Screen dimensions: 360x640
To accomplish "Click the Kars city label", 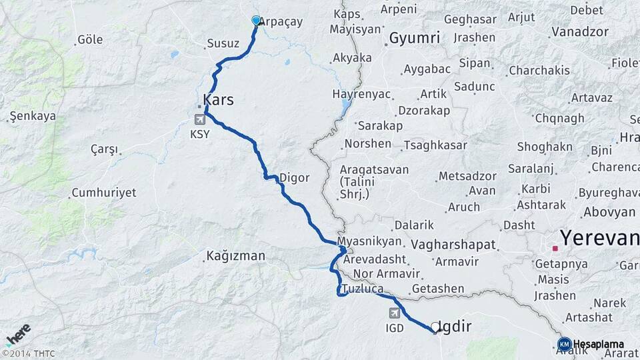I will tap(218, 100).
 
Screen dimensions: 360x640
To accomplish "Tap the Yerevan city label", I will tap(599, 237).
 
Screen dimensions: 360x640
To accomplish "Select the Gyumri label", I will tap(415, 38).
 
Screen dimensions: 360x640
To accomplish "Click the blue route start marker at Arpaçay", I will tap(256, 21).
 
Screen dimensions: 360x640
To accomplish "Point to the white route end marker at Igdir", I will tap(435, 327).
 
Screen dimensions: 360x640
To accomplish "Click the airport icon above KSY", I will tap(199, 119).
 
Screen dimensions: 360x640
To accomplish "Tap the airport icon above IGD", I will tap(395, 313).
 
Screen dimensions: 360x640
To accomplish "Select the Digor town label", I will tap(294, 178).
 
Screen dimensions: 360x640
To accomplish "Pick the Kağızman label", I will tap(235, 255).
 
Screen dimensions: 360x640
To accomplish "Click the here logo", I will tap(17, 334).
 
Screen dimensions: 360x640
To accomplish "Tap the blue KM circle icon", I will tap(564, 344).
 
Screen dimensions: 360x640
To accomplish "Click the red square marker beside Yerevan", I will tap(555, 249).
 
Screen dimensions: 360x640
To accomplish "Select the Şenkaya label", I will tap(32, 116).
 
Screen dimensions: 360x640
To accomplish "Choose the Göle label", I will tap(90, 39).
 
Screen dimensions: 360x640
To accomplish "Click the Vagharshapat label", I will tap(453, 245).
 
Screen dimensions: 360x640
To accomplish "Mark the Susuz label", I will tap(223, 43).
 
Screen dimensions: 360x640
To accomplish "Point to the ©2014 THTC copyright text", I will tap(28, 353).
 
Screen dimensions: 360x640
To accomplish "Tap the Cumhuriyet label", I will tap(103, 193).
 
